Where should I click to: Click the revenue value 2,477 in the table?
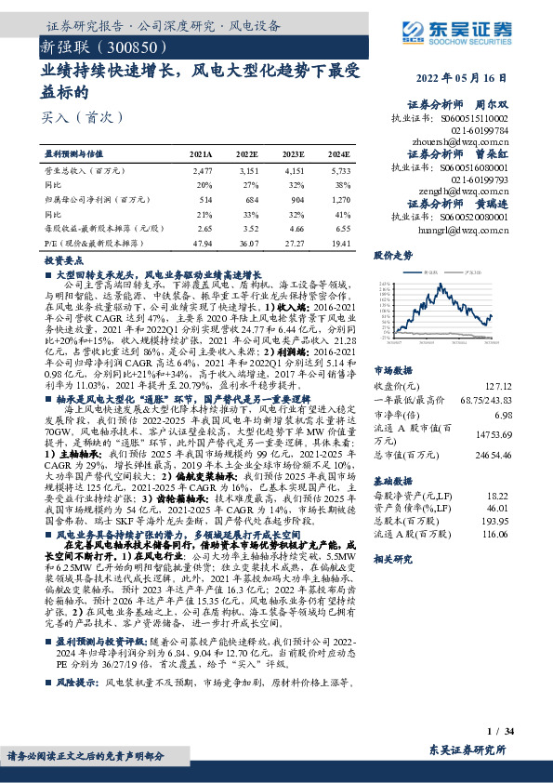point(203,171)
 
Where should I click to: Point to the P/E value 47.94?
point(202,242)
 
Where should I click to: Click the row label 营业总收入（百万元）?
point(85,171)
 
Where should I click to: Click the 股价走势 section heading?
point(392,254)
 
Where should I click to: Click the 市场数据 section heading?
point(392,370)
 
